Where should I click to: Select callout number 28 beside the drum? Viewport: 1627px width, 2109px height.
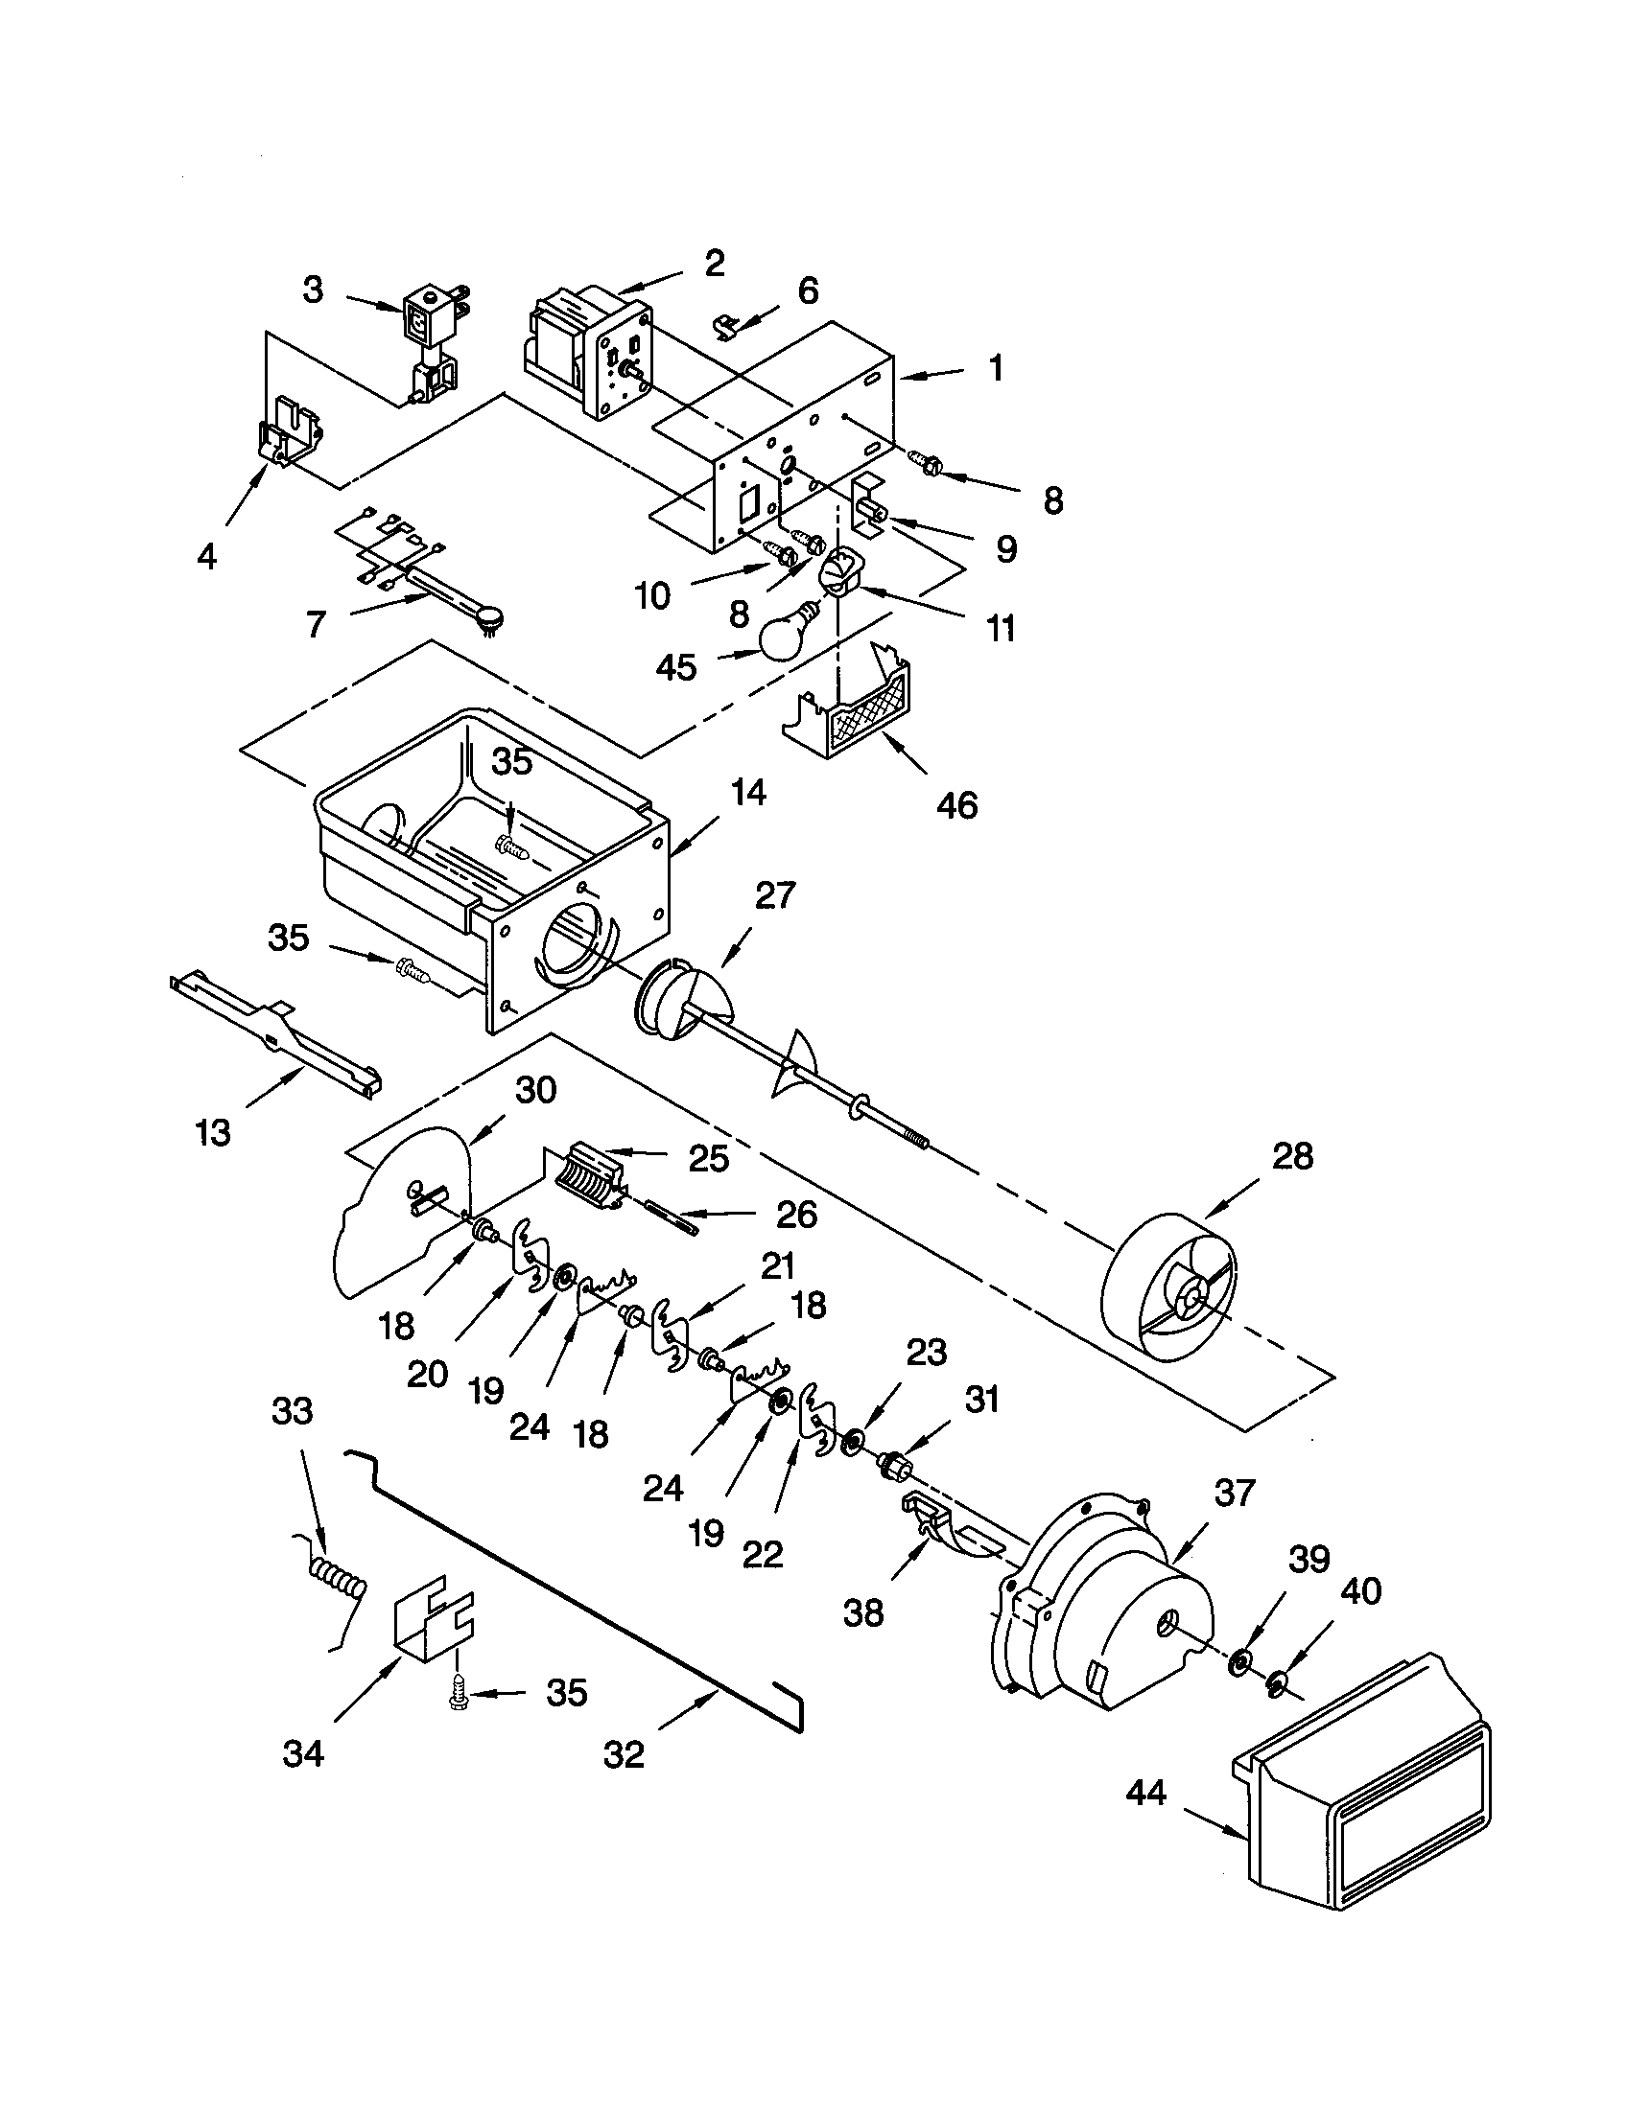(x=1293, y=1156)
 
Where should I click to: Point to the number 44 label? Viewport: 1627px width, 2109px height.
(x=1146, y=1795)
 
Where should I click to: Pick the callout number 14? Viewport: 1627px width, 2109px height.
(x=749, y=794)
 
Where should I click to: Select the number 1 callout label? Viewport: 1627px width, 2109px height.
(x=995, y=368)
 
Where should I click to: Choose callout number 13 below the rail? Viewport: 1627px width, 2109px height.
(x=213, y=1132)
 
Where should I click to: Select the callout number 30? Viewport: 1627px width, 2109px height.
(x=535, y=1090)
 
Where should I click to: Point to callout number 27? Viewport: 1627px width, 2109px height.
(x=775, y=895)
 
